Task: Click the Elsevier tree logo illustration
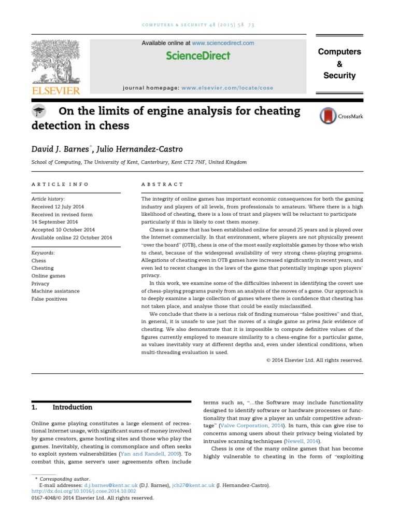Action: [x=56, y=62]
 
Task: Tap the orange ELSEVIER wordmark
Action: [x=56, y=91]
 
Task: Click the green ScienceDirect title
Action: [x=198, y=56]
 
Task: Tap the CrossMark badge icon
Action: [x=328, y=116]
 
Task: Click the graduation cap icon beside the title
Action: [x=39, y=111]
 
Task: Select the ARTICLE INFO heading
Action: [x=60, y=184]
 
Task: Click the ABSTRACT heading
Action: [x=162, y=184]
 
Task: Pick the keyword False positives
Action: [x=49, y=299]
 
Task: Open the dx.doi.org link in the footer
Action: [x=83, y=491]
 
